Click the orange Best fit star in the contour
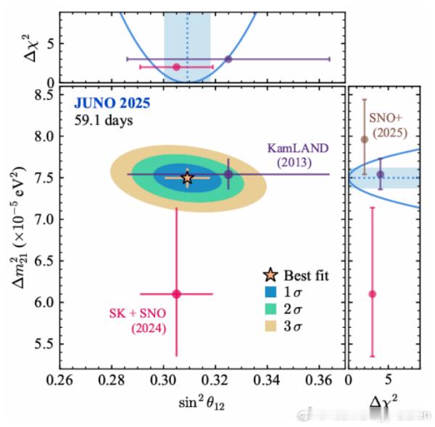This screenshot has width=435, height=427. pyautogui.click(x=188, y=177)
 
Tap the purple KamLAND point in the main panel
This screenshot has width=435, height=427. pyautogui.click(x=228, y=174)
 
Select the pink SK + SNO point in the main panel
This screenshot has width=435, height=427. pyautogui.click(x=176, y=294)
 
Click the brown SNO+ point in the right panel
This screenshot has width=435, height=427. pyautogui.click(x=365, y=139)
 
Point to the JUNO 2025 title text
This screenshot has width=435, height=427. pyautogui.click(x=111, y=103)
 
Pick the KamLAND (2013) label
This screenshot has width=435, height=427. pyautogui.click(x=293, y=156)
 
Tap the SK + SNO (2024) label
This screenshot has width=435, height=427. pyautogui.click(x=137, y=321)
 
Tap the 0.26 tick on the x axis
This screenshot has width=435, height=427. pyautogui.click(x=60, y=379)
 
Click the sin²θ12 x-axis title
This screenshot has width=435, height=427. pyautogui.click(x=199, y=402)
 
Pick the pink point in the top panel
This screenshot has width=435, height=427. pyautogui.click(x=176, y=67)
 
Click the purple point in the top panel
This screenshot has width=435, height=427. pyautogui.click(x=228, y=59)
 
